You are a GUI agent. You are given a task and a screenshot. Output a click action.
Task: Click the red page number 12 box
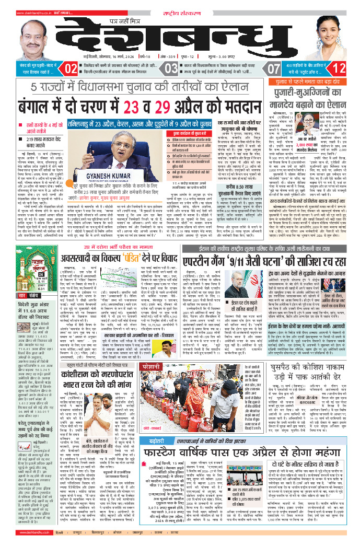pos(339,68)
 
